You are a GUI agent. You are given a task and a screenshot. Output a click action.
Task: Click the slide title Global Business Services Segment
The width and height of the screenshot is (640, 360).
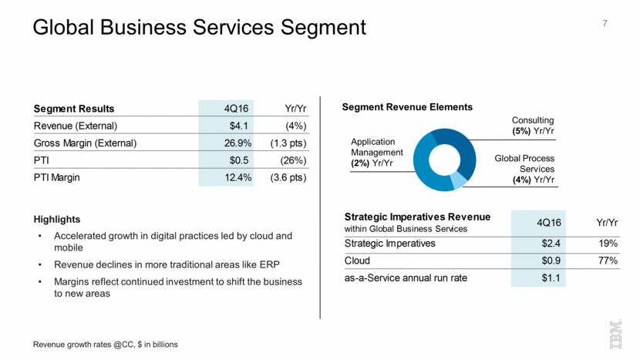pos(199,28)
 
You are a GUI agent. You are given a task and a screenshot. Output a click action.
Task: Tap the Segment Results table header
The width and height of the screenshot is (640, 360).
pos(74,108)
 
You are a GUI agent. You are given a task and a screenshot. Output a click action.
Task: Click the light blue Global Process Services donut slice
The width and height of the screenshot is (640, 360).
pos(458,180)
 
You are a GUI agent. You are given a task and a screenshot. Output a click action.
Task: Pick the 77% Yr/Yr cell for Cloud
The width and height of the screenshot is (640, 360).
pos(606,261)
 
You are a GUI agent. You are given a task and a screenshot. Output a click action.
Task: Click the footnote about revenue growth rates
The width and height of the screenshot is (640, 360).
pos(106,345)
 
